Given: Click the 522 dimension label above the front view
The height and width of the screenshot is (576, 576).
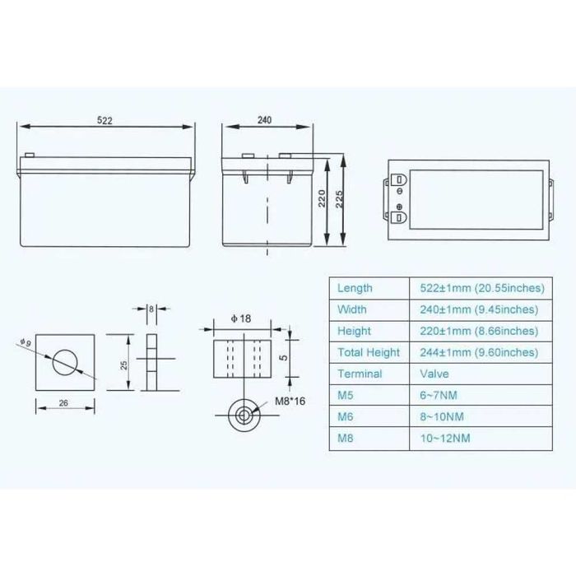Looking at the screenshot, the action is tap(105, 120).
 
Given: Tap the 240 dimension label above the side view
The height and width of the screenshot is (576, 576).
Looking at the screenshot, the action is tap(264, 120).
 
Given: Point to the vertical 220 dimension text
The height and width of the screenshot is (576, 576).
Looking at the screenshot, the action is tap(322, 198).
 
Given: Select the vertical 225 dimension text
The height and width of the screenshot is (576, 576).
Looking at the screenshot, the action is tap(339, 199).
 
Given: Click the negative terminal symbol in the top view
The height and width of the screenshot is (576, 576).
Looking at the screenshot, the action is tap(400, 191).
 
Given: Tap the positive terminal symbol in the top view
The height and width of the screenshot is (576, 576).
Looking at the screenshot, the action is tap(399, 207).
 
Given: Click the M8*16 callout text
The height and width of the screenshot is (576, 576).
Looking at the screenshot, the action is tap(290, 402).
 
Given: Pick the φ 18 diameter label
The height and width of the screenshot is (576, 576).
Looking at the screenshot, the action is tap(241, 318).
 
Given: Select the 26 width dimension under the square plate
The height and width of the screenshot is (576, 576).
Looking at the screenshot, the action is tap(63, 403).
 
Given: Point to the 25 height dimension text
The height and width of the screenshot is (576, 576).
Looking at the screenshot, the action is tap(123, 365).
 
